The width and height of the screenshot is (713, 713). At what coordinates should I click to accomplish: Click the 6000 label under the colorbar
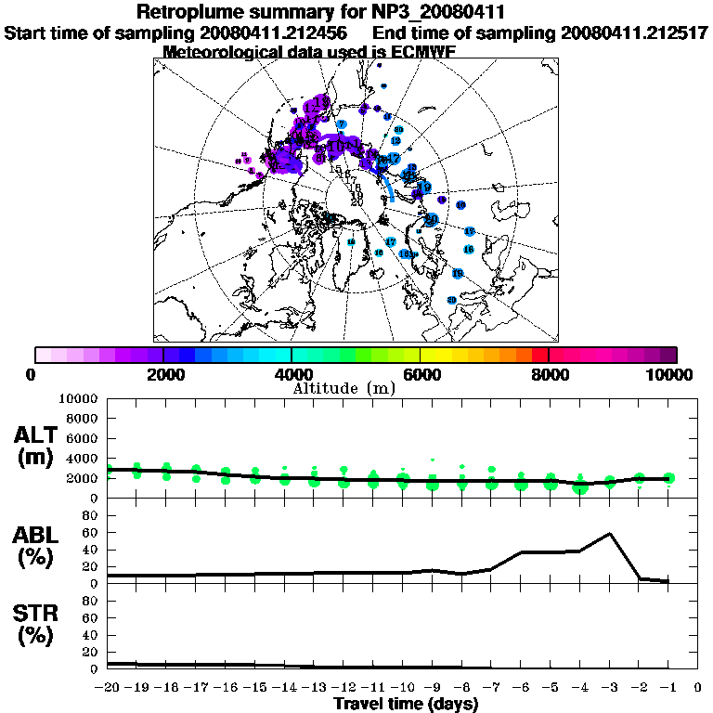coord(421,374)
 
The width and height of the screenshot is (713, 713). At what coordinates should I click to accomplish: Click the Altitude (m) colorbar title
coord(344,387)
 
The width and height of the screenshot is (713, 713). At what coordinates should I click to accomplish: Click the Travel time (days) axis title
coord(406,705)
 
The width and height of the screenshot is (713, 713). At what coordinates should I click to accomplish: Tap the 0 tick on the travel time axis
coord(697,688)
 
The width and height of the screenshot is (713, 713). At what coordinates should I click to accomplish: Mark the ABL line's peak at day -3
coord(609,534)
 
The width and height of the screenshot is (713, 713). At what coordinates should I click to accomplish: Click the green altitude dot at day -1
coord(668,478)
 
